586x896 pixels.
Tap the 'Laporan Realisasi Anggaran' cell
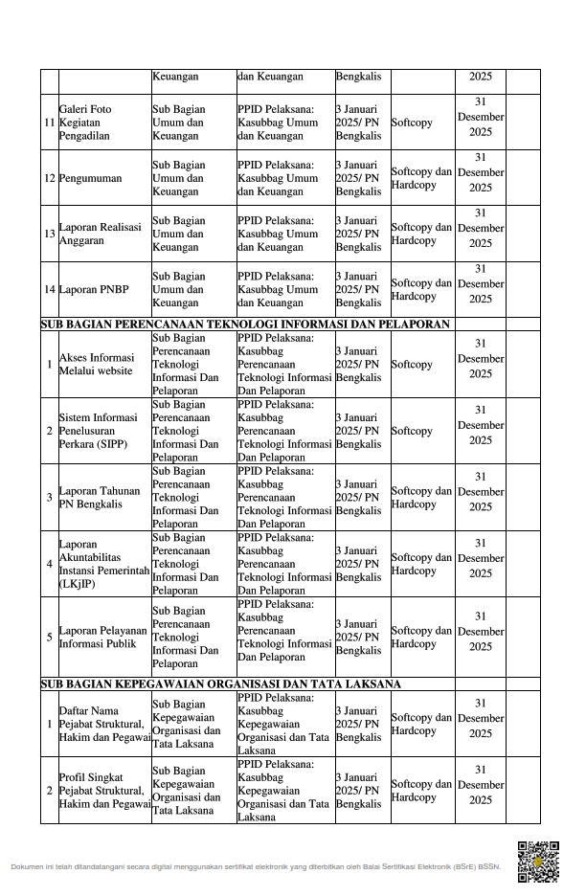[100, 234]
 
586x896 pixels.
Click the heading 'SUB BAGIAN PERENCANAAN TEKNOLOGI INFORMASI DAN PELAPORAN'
[245, 325]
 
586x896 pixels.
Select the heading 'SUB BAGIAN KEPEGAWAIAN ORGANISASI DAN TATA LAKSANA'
[220, 683]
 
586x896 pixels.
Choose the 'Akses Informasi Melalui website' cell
[96, 364]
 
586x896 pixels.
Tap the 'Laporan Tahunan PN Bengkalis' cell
[99, 497]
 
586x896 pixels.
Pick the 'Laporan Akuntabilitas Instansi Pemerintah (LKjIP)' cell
[103, 564]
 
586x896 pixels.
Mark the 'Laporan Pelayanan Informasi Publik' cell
[102, 637]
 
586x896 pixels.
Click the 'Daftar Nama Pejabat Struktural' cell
[104, 724]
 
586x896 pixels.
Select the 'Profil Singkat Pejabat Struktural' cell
[104, 790]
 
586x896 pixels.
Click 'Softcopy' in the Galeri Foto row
[412, 123]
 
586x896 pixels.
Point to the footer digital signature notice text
[256, 866]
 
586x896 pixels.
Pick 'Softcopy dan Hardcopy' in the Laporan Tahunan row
[421, 497]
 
